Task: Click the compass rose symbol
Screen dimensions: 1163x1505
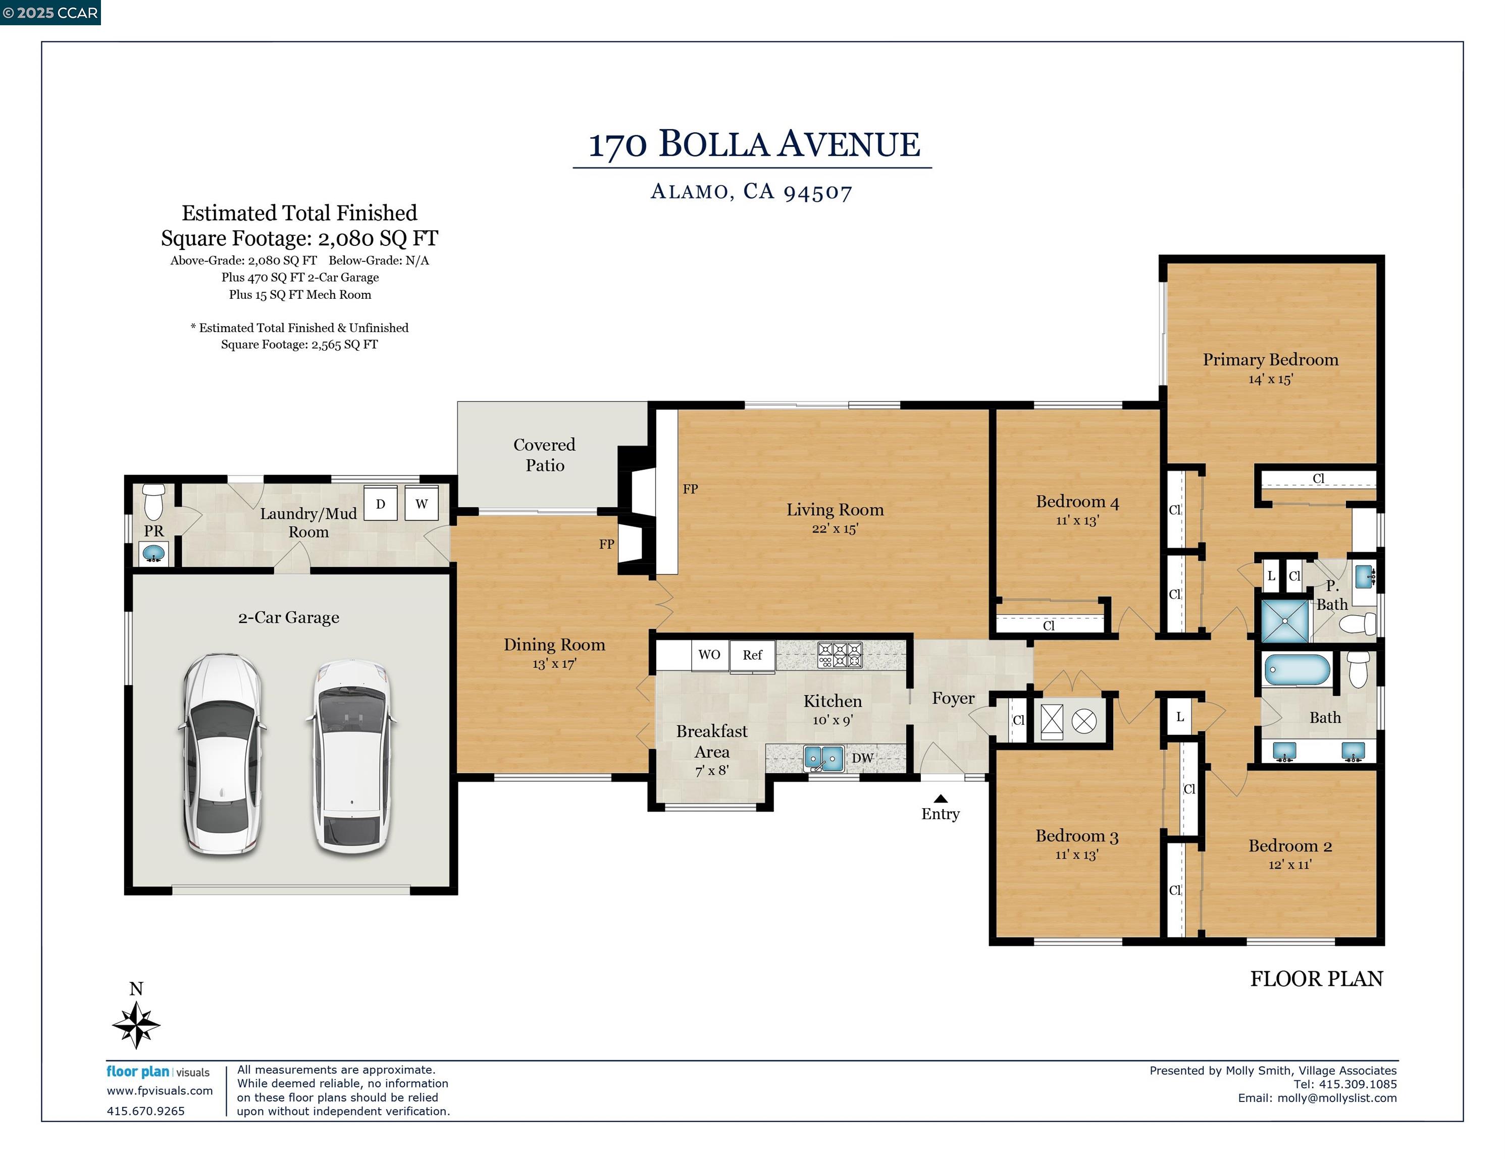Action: [x=136, y=1025]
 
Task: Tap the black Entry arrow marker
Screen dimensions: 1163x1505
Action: [x=941, y=799]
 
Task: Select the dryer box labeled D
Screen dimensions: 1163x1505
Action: [x=380, y=504]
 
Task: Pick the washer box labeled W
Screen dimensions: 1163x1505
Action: [x=421, y=504]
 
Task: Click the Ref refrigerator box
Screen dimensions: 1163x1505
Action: [x=752, y=655]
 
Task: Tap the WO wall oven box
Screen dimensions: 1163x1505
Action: [x=709, y=655]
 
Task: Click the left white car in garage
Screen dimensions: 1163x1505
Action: [x=222, y=755]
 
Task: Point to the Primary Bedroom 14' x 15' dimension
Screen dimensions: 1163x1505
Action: [x=1270, y=380]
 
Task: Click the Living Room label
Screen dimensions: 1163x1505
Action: [x=835, y=510]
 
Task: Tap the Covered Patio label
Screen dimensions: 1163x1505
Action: [x=544, y=455]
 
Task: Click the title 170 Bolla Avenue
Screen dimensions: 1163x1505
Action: [x=753, y=145]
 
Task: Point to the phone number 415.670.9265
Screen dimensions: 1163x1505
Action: [x=145, y=1111]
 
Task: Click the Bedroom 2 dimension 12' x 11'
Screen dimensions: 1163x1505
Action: [x=1289, y=865]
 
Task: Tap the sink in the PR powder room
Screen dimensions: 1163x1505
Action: [x=153, y=553]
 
